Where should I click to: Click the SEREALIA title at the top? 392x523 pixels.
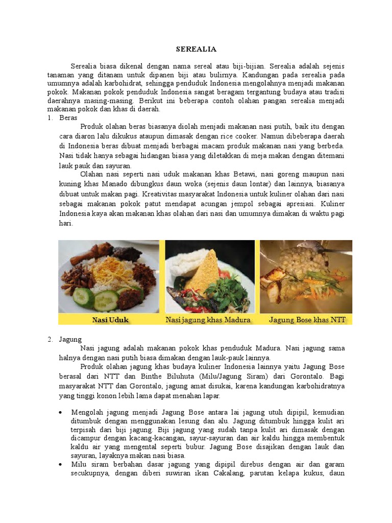[196, 49]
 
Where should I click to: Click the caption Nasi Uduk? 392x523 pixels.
[110, 320]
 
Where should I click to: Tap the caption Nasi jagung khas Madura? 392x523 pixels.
[208, 320]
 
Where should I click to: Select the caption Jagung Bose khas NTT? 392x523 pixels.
[307, 320]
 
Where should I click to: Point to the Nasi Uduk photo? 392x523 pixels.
[108, 276]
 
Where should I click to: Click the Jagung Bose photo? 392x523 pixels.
[306, 276]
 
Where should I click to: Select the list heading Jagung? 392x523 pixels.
[70, 339]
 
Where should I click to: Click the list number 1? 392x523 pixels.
[50, 117]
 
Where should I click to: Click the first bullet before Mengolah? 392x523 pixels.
[61, 412]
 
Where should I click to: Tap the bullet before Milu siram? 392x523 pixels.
[61, 464]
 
